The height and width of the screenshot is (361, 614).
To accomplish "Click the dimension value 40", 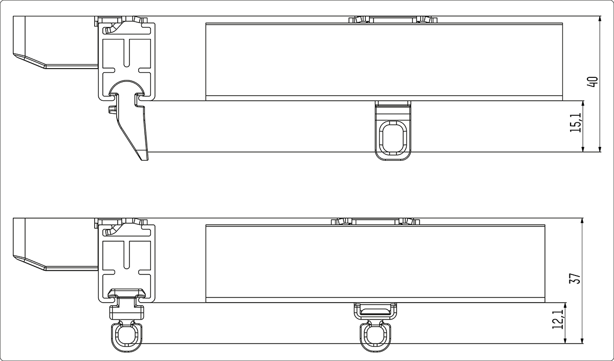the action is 593,82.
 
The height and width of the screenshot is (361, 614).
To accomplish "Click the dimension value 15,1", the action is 576,122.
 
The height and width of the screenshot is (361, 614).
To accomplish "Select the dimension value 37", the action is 575,279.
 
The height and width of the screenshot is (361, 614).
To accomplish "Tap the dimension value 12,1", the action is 558,320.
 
